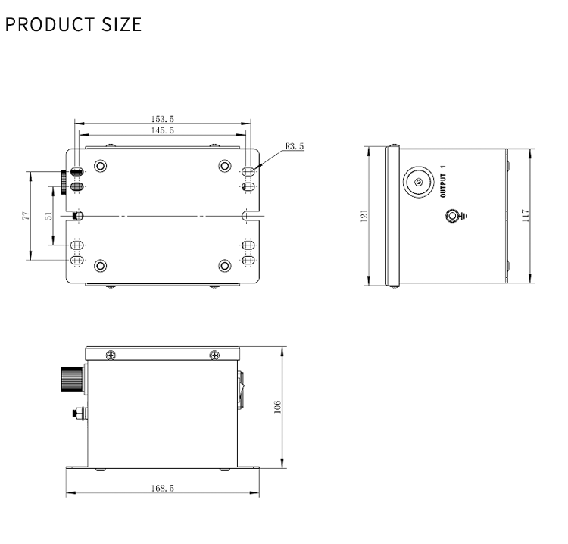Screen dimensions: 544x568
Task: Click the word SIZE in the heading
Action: (x=121, y=24)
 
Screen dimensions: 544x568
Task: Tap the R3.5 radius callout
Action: (x=295, y=146)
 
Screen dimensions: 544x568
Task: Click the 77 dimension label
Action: (x=26, y=216)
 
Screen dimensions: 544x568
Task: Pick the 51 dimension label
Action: (x=49, y=216)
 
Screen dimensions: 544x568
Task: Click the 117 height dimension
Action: (x=526, y=216)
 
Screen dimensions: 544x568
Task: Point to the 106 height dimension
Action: (x=277, y=407)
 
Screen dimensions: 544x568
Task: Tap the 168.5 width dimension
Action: (x=163, y=489)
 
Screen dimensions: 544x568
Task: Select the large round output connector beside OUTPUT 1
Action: (x=417, y=181)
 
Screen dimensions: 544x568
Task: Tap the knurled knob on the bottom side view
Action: (x=70, y=377)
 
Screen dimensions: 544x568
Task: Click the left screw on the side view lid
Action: (x=111, y=355)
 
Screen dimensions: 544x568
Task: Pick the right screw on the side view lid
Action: (x=215, y=355)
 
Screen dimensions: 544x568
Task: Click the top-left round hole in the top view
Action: (x=100, y=166)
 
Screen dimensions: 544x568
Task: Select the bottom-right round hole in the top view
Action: (x=224, y=265)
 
